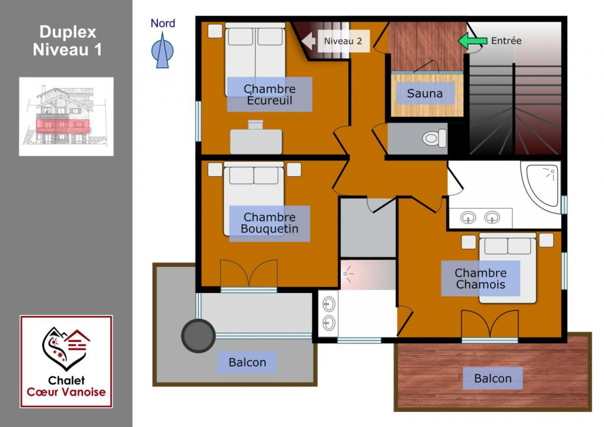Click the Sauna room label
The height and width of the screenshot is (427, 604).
click(x=425, y=93)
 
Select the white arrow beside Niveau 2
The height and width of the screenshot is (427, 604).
click(x=308, y=41)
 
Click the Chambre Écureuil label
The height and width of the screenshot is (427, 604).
click(x=269, y=94)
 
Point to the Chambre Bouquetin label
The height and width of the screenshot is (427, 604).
click(x=270, y=223)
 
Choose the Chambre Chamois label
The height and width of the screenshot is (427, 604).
click(x=480, y=279)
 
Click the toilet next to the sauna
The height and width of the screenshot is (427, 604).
click(x=435, y=138)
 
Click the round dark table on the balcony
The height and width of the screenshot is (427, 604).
click(x=198, y=336)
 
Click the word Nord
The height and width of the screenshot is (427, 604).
click(x=162, y=23)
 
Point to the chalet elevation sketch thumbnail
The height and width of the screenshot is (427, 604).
click(x=66, y=116)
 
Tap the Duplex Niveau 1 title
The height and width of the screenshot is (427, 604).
click(x=67, y=41)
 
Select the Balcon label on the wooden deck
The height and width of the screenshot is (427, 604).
click(x=493, y=378)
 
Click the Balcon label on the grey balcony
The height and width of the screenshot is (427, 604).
click(x=247, y=362)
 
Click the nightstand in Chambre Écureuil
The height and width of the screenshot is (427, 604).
click(x=215, y=31)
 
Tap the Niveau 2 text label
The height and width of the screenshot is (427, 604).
click(x=343, y=41)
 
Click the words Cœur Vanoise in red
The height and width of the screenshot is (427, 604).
click(x=66, y=392)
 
